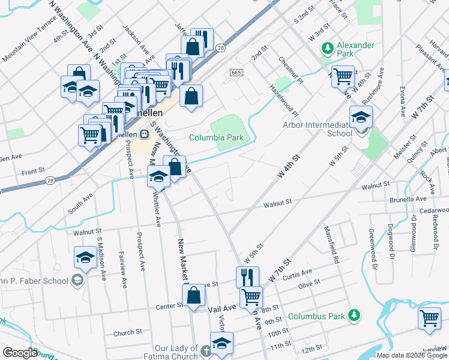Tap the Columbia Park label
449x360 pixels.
pos(216,137)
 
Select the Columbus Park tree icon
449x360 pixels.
pos(354,315)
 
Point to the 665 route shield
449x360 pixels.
pos(236,73)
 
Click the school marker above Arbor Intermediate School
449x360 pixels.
pos(361,117)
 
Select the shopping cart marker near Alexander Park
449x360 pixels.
pos(343,76)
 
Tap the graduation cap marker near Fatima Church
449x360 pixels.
pos(221,343)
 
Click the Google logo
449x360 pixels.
pos(20,353)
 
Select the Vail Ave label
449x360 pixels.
pos(220,308)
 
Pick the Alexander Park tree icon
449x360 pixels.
pos(328,47)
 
